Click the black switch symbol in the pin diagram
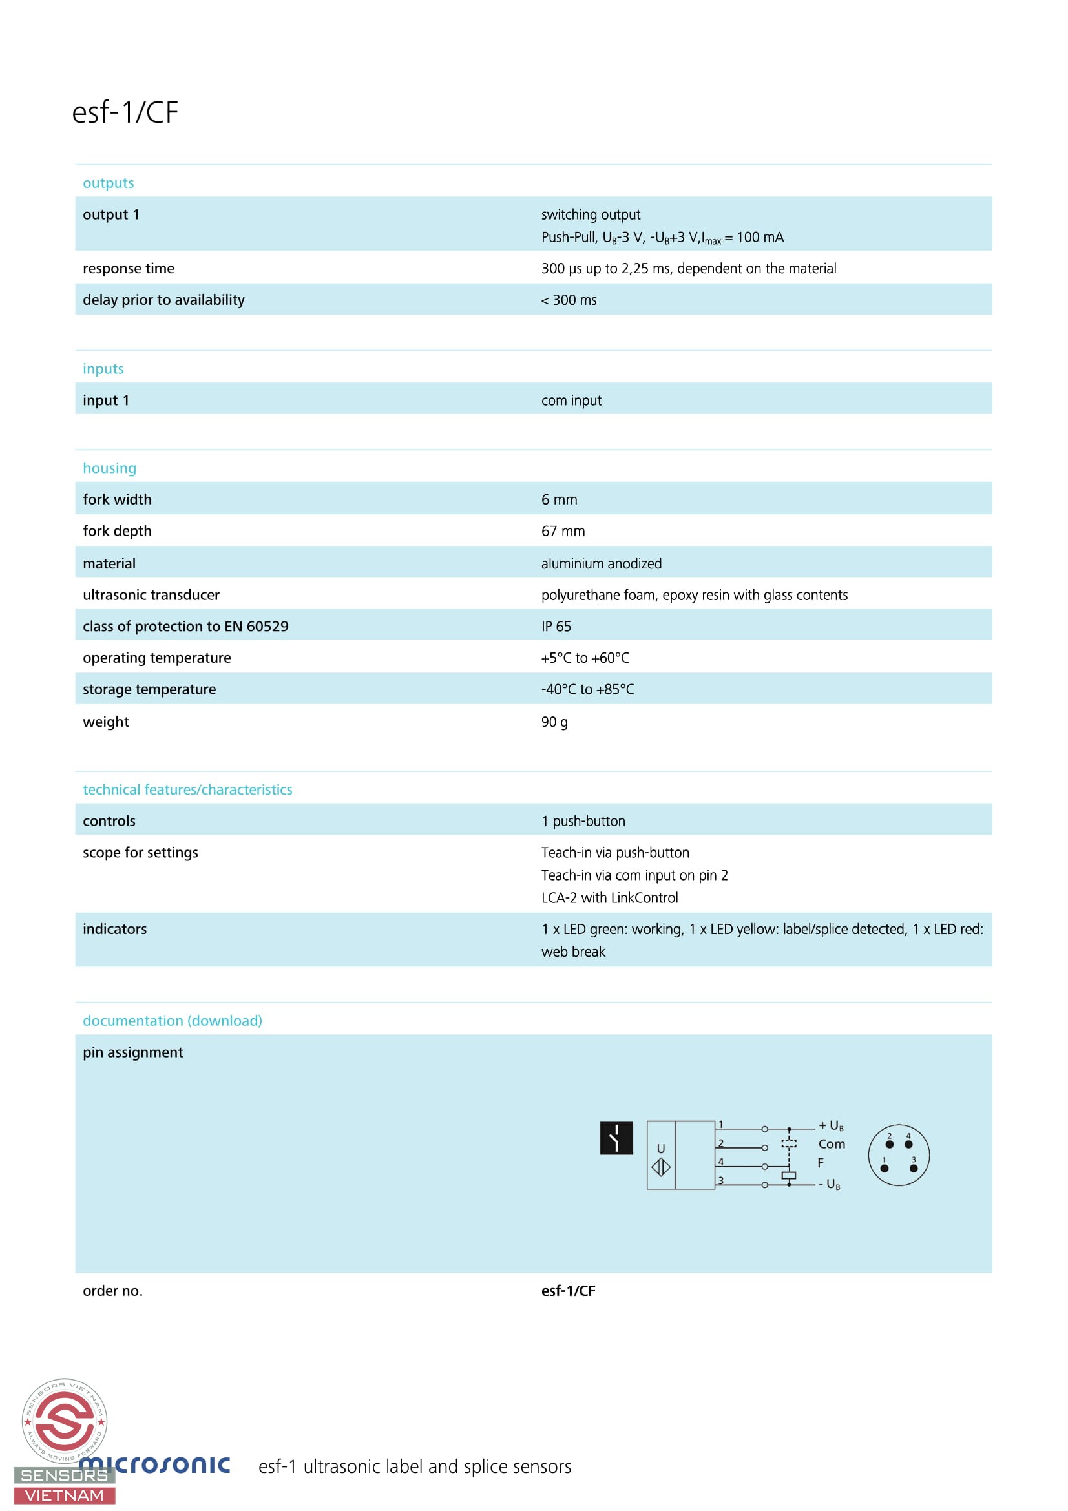point(616,1138)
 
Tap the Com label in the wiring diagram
point(831,1145)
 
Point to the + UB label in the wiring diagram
point(830,1126)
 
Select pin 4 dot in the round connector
point(908,1145)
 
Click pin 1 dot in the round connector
point(884,1168)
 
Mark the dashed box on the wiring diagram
point(788,1143)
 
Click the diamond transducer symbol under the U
point(661,1167)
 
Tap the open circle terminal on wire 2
point(764,1148)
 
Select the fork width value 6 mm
point(559,499)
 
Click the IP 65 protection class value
point(556,627)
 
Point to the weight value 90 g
point(554,722)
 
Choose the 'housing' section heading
point(109,468)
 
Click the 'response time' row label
point(129,269)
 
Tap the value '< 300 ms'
point(569,300)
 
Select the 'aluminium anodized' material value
point(601,563)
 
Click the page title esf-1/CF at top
point(125,112)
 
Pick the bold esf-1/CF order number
point(568,1291)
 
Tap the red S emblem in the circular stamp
point(64,1421)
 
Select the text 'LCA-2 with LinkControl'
point(609,898)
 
